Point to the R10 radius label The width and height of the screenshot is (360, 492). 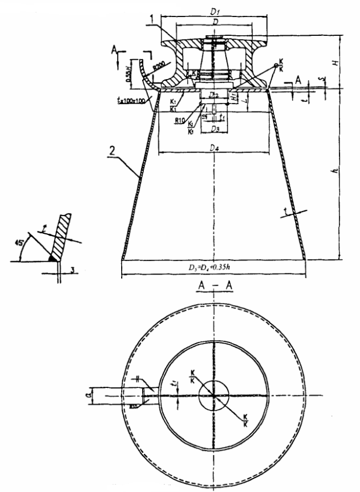(165, 120)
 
